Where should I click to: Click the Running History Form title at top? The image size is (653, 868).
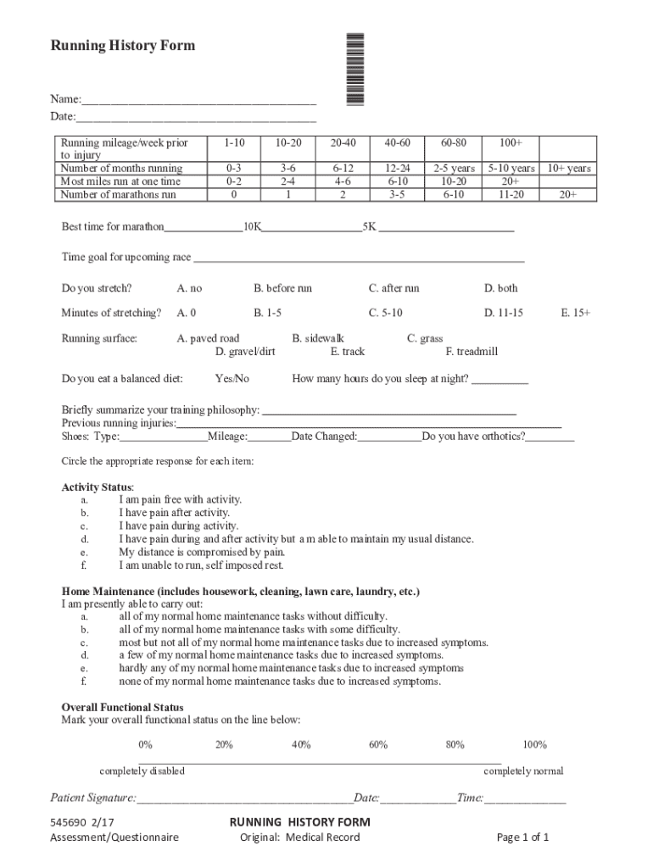(123, 46)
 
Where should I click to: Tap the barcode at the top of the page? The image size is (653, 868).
(355, 69)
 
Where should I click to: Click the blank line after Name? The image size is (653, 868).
(199, 99)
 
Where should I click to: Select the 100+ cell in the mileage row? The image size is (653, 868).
(511, 143)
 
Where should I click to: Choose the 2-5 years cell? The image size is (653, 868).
(454, 169)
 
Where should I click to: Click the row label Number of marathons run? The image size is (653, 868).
(118, 194)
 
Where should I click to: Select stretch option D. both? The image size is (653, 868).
(500, 288)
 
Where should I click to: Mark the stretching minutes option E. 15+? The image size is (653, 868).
(575, 313)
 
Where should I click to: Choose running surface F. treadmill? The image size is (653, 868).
(472, 352)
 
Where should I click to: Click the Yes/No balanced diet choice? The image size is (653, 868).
(232, 379)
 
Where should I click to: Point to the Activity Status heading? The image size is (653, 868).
(98, 487)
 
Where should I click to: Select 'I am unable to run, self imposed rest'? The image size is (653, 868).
(201, 565)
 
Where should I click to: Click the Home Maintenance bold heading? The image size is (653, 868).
(240, 591)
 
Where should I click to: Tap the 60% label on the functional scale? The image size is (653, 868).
(378, 745)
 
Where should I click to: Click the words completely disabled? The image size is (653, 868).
(142, 771)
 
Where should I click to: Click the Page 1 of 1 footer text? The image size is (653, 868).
(522, 837)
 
